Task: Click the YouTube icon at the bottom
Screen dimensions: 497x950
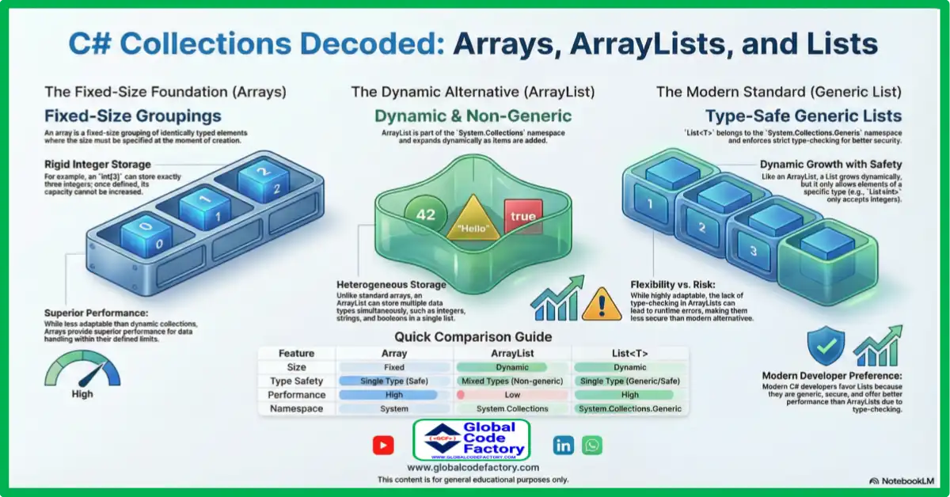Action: point(383,446)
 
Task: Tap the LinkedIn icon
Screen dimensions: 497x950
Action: point(564,445)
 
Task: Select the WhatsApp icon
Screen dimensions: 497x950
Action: point(592,445)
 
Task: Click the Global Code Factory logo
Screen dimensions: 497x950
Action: point(472,440)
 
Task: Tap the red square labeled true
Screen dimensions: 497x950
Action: point(522,216)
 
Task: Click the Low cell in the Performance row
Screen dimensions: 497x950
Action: point(512,395)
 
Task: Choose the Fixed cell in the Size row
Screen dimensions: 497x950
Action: point(393,367)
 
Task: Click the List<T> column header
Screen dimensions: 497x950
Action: point(629,354)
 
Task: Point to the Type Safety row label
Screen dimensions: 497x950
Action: point(296,381)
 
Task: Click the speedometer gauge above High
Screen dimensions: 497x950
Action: point(82,369)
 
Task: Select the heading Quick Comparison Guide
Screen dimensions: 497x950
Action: point(473,337)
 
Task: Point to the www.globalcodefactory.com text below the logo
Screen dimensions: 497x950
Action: point(473,468)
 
